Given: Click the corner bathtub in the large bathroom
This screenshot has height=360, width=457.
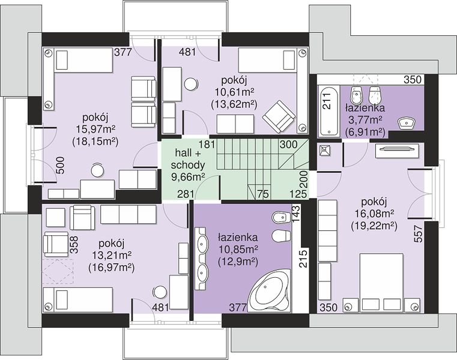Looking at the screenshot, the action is tap(269, 291).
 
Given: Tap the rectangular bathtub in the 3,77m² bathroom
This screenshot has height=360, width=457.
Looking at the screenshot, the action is tap(328, 111).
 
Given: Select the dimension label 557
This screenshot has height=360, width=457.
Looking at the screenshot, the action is tap(418, 233).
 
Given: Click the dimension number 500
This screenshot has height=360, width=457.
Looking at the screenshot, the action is tap(59, 165).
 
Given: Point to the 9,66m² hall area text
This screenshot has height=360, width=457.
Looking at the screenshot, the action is tap(188, 177).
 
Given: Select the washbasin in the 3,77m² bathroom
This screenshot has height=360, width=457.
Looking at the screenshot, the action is tap(407, 122).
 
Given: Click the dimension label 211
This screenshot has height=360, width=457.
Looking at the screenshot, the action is tap(328, 101).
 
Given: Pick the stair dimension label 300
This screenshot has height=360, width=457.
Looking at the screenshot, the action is tap(288, 144).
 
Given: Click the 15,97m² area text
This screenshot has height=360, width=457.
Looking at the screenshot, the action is tap(95, 130).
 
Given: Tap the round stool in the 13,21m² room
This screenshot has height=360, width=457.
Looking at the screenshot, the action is tap(160, 292).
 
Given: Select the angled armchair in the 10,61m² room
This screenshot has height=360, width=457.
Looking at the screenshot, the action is tap(279, 116).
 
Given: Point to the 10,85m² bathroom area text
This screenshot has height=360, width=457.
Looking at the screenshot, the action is tap(238, 250).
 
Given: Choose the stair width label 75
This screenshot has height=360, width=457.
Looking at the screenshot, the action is tap(263, 194).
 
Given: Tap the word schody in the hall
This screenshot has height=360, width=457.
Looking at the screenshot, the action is tap(188, 165).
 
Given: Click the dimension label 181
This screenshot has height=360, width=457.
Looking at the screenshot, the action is tap(207, 144).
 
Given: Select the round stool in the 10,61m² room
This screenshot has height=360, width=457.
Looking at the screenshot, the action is tap(191, 85).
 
